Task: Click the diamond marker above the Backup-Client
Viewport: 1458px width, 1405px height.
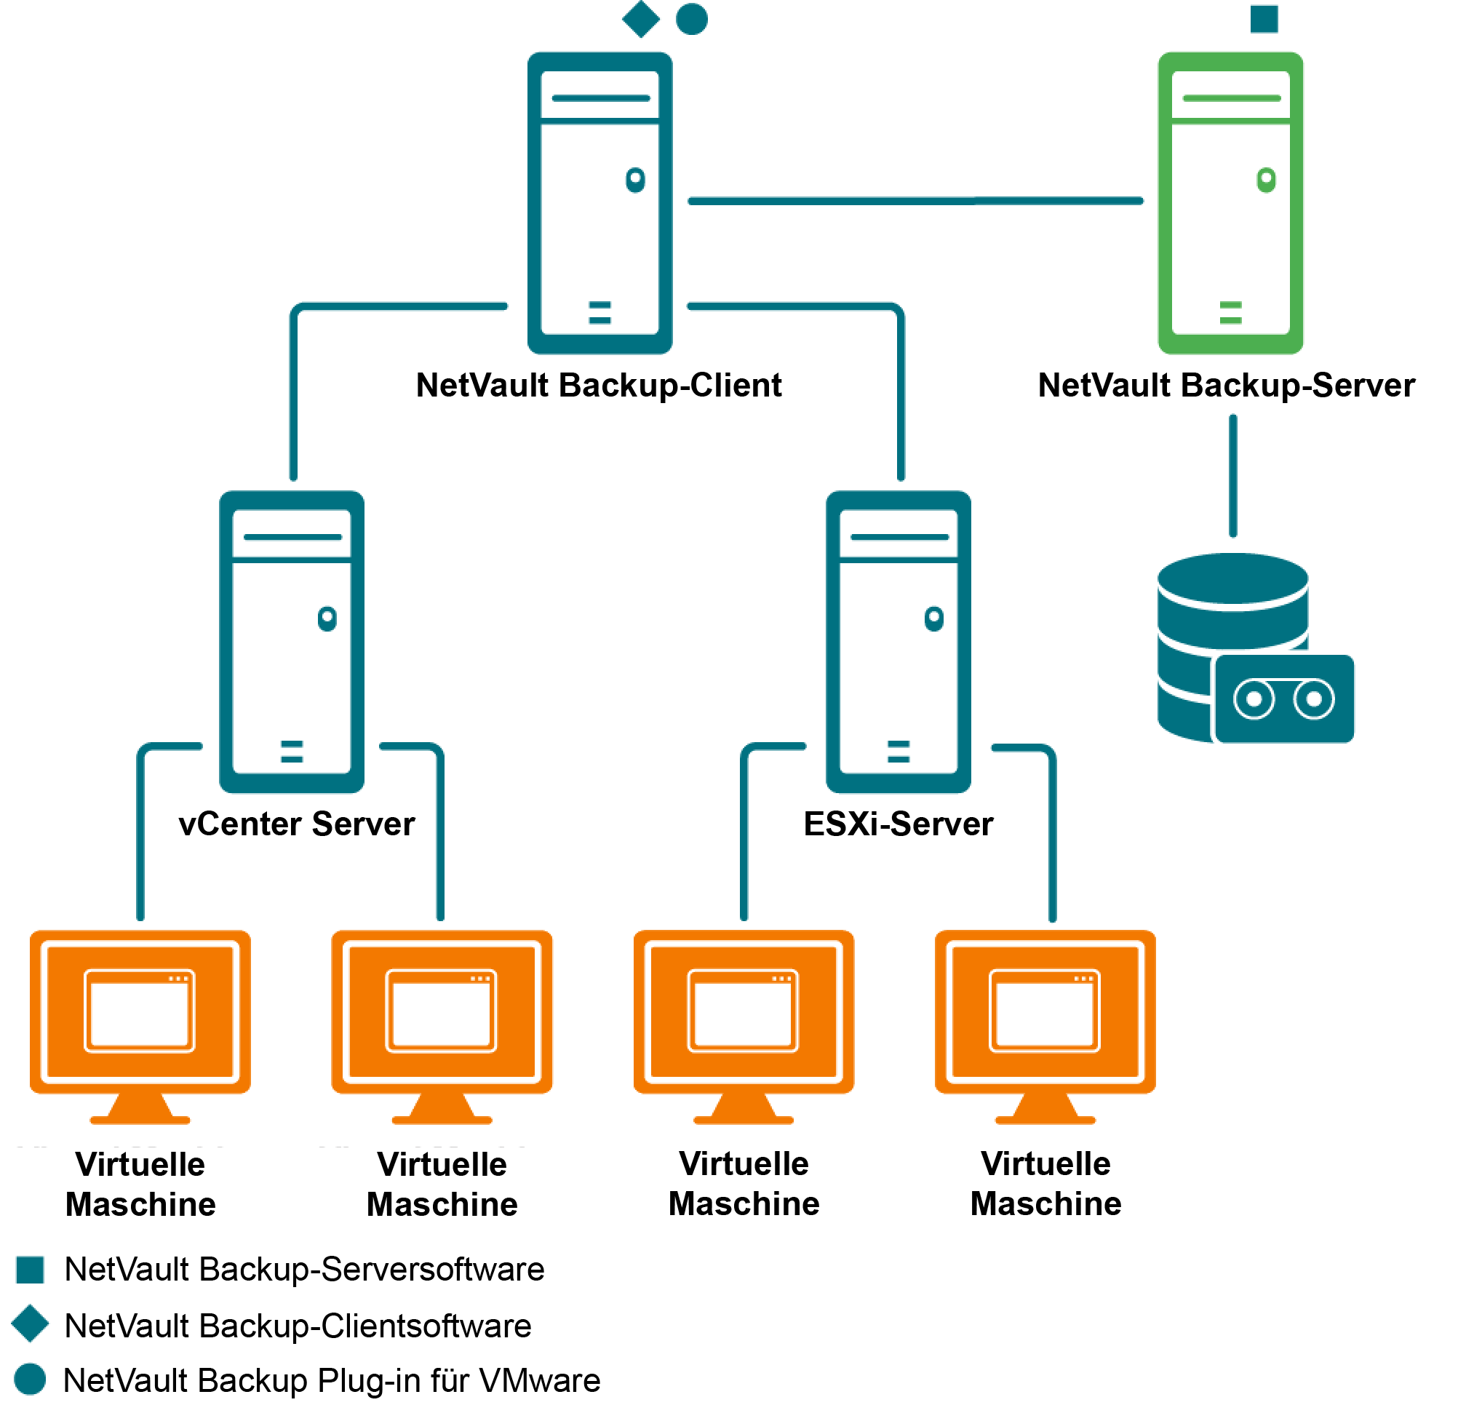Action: tap(640, 19)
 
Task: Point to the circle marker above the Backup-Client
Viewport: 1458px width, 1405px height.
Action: tap(691, 19)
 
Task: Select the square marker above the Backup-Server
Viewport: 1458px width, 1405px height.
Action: tap(1263, 19)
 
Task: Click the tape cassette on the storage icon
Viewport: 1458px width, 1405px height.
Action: tap(1283, 698)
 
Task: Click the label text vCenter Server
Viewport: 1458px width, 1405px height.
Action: tap(296, 824)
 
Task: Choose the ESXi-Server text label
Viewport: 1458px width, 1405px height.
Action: tap(898, 824)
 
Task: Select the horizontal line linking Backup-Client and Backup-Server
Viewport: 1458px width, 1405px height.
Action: tap(915, 201)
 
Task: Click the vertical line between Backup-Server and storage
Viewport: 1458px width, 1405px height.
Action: tap(1232, 476)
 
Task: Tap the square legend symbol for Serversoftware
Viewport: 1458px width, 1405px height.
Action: tap(31, 1269)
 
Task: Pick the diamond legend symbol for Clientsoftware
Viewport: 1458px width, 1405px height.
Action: tap(31, 1324)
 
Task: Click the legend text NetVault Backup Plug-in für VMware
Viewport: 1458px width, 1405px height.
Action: tap(332, 1380)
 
